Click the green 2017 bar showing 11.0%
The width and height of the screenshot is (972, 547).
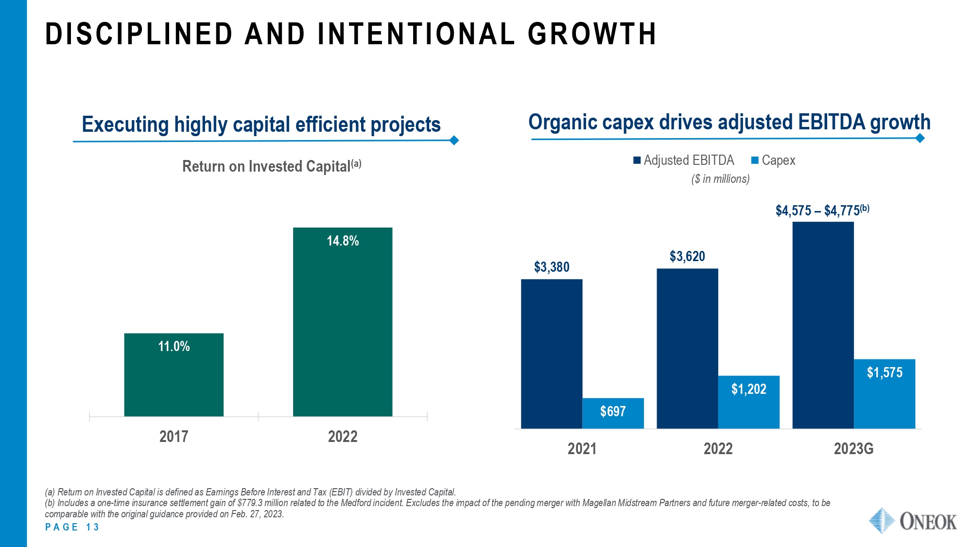(174, 374)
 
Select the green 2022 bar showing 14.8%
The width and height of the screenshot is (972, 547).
(342, 322)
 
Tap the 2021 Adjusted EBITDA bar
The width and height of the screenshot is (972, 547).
(552, 353)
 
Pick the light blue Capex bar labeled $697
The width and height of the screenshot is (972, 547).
(613, 413)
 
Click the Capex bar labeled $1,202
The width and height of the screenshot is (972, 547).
(748, 402)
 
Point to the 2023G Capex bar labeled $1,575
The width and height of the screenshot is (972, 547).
(884, 393)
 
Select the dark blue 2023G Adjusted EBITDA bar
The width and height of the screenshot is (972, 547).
(823, 325)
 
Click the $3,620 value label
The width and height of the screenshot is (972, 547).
(687, 256)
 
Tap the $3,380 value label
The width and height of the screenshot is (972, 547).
(552, 267)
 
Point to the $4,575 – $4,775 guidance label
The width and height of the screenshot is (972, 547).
(822, 211)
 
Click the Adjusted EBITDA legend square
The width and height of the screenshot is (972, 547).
(637, 160)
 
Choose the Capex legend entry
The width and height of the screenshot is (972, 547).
(773, 160)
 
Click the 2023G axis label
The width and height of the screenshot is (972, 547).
(853, 448)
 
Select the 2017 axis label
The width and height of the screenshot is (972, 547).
(174, 436)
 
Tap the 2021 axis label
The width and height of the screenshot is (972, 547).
(582, 448)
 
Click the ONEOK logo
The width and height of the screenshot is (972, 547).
(912, 521)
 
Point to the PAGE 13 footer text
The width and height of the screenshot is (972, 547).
(72, 527)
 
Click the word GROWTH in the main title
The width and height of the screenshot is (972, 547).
(592, 34)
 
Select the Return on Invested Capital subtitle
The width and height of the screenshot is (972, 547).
(271, 166)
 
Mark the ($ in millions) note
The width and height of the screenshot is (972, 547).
(720, 179)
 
